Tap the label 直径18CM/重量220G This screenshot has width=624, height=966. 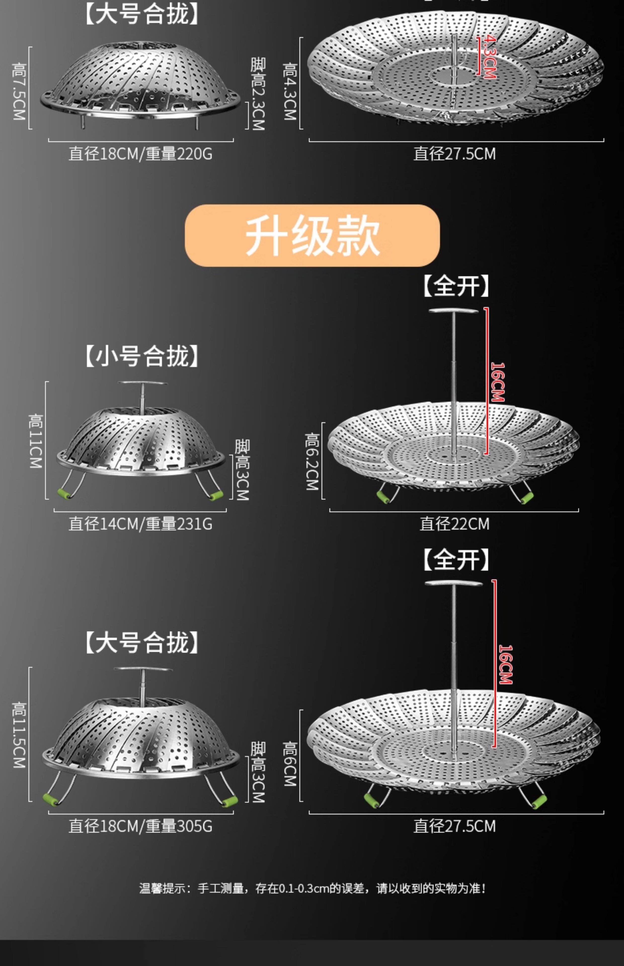[x=140, y=154]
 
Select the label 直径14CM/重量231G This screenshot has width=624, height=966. [x=140, y=524]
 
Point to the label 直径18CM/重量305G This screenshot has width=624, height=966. [x=140, y=826]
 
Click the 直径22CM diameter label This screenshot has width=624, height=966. [x=454, y=524]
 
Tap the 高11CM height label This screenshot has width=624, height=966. [x=36, y=441]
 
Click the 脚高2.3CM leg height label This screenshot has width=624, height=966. [x=258, y=94]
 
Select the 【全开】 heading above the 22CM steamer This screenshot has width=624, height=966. [x=456, y=286]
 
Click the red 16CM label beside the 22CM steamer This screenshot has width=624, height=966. [x=498, y=382]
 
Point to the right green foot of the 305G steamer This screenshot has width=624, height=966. [x=229, y=801]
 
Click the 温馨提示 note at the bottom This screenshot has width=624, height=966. [x=312, y=888]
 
